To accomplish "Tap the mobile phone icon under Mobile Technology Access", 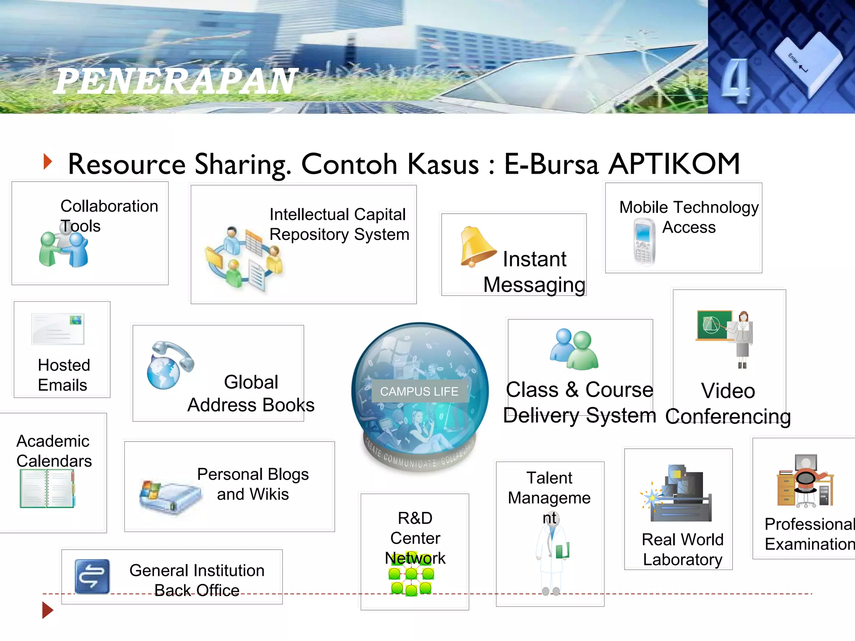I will [x=644, y=242].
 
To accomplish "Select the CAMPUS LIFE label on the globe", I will [x=419, y=391].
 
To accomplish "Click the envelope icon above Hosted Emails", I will [x=58, y=329].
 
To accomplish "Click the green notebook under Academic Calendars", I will [x=47, y=488].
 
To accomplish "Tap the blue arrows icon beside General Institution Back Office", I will [x=92, y=576].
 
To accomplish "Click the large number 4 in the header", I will [x=736, y=82].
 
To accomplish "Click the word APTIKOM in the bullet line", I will [x=674, y=164].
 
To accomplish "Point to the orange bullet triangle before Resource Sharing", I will [x=48, y=162].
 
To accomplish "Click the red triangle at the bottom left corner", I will [x=48, y=610].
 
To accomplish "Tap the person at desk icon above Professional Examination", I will [x=805, y=481].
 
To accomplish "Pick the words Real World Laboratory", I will [x=682, y=550].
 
